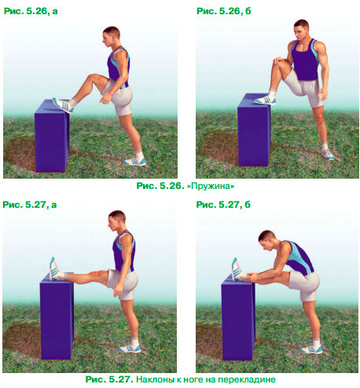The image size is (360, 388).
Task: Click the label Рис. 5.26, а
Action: [31, 11]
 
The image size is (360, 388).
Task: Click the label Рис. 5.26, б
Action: [224, 11]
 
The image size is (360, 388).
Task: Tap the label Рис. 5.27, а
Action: [30, 205]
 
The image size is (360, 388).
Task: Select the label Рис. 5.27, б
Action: [223, 205]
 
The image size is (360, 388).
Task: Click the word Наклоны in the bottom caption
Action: [153, 379]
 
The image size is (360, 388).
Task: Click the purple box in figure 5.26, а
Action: [52, 135]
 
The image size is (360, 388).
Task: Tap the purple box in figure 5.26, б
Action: [254, 130]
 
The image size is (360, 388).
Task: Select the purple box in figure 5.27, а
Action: [57, 316]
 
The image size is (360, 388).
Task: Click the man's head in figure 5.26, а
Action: [111, 36]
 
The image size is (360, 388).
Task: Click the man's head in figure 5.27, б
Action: [267, 241]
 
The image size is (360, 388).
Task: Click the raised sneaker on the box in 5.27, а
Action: [54, 268]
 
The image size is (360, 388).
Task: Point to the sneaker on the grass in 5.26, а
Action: [134, 161]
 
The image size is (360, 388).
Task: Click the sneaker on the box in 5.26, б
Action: [265, 100]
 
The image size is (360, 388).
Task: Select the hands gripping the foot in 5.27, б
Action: [252, 277]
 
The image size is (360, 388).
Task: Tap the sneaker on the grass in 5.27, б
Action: [311, 349]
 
